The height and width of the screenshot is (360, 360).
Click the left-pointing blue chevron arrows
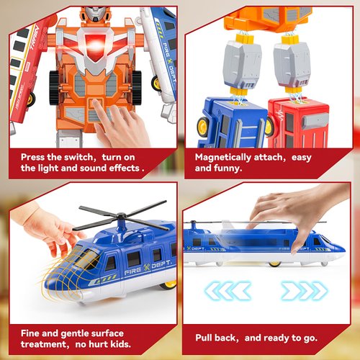(x=230, y=290)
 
